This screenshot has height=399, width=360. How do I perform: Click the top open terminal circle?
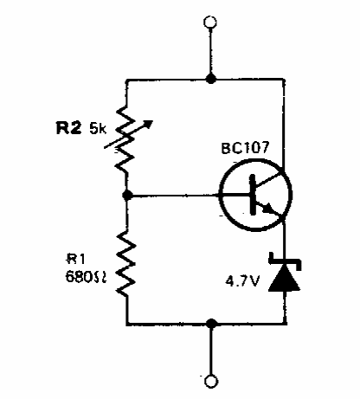tap(210, 23)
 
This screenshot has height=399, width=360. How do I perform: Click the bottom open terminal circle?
tap(211, 381)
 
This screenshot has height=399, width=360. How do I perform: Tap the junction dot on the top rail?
tap(210, 79)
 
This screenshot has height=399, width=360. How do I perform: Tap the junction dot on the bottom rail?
tap(211, 324)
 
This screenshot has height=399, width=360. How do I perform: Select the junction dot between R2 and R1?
tap(127, 196)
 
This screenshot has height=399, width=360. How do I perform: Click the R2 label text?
tap(68, 128)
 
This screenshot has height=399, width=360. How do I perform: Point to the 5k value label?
tap(98, 129)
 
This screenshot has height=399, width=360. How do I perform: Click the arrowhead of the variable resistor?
tap(148, 124)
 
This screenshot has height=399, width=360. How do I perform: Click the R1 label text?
tap(76, 259)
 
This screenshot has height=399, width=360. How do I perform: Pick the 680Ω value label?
tap(87, 276)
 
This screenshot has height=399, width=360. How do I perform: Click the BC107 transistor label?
tap(245, 148)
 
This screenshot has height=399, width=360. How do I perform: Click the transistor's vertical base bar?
tap(253, 195)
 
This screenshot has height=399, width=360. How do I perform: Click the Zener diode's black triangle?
tap(284, 278)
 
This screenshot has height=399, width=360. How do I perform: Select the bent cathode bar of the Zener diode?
tap(285, 261)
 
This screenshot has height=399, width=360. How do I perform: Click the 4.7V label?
tap(242, 281)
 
